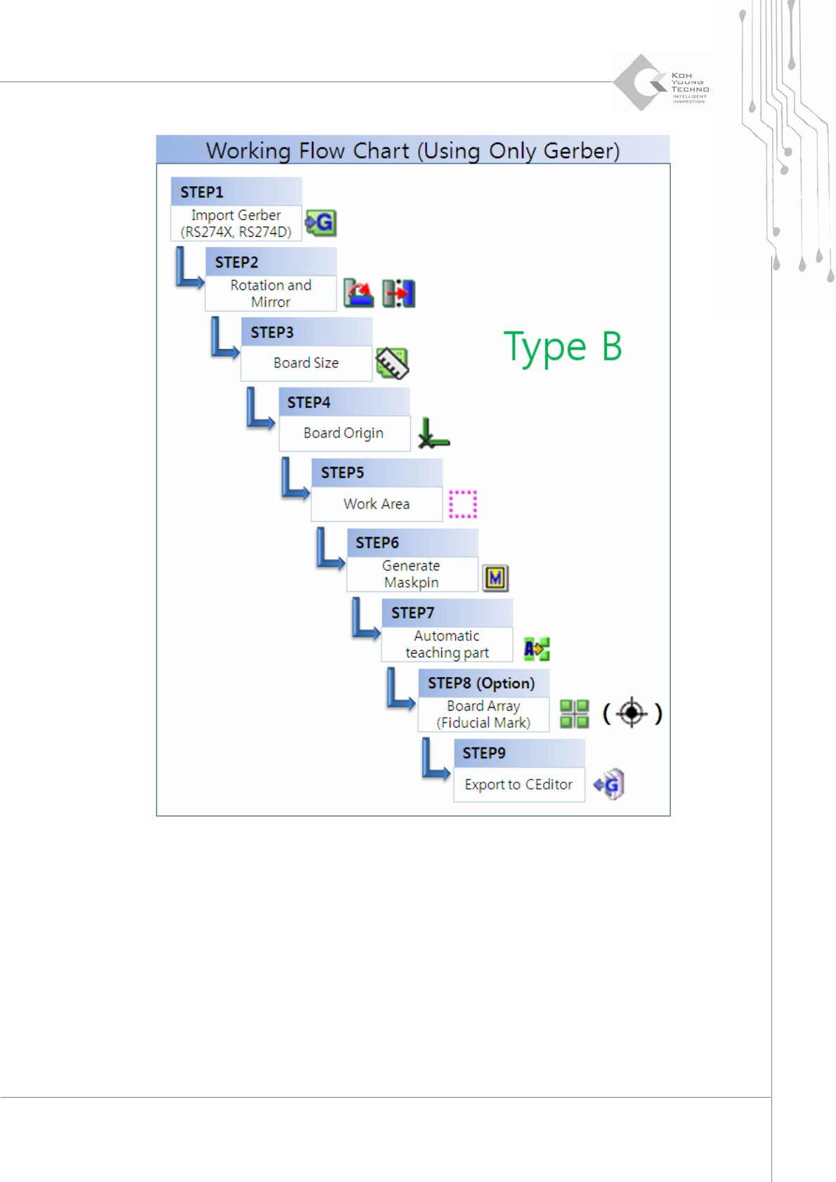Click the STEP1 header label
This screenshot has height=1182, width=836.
click(x=202, y=192)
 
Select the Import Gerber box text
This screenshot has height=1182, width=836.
click(x=236, y=223)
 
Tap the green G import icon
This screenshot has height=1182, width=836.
click(x=321, y=223)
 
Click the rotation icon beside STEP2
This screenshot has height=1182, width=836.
click(x=358, y=293)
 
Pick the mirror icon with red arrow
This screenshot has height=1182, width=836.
click(x=398, y=293)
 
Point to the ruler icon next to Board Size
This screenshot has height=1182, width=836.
click(x=392, y=363)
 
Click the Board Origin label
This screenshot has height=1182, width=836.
click(x=344, y=433)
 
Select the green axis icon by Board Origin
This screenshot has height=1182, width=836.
click(x=433, y=433)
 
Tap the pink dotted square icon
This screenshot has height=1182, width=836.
click(x=463, y=504)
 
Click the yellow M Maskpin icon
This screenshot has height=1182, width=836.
click(x=495, y=578)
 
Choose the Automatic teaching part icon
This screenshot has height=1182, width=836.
click(x=537, y=648)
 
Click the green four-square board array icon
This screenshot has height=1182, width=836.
click(x=574, y=714)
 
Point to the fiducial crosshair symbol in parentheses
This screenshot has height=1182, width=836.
click(x=632, y=713)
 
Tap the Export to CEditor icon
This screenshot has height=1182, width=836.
click(x=609, y=784)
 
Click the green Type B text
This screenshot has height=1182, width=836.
click(x=563, y=347)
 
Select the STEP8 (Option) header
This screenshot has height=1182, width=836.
click(x=481, y=683)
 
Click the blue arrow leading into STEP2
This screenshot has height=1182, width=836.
click(x=189, y=269)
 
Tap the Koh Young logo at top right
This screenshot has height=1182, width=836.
click(x=660, y=83)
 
